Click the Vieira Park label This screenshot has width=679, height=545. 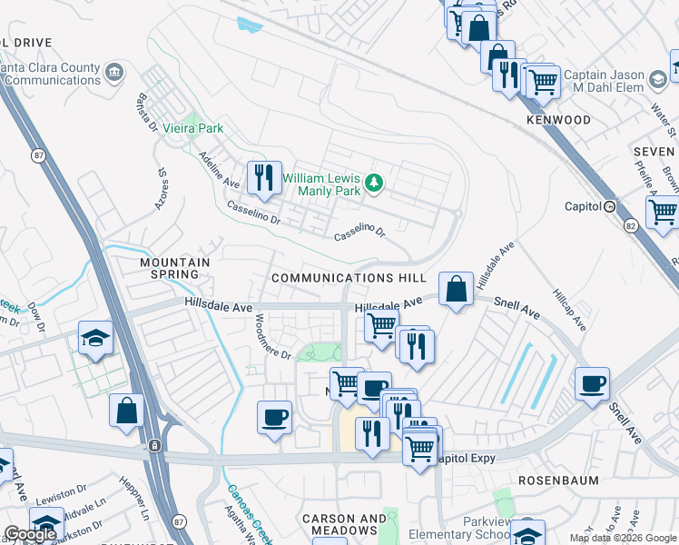click(192, 128)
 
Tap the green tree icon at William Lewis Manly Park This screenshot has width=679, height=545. click(373, 184)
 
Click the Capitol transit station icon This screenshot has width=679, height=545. click(609, 206)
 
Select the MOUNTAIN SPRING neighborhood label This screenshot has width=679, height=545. click(175, 268)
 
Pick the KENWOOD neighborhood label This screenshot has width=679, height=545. click(557, 120)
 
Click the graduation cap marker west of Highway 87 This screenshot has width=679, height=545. click(95, 337)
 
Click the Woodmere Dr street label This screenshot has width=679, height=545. click(271, 337)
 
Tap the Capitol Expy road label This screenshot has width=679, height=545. click(467, 459)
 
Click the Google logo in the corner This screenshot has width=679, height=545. click(30, 534)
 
